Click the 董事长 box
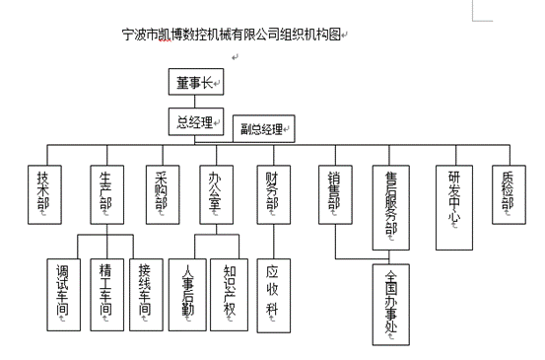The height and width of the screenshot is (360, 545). click(196, 85)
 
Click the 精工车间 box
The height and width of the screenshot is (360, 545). click(105, 294)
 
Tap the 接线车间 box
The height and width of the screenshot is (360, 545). click(146, 294)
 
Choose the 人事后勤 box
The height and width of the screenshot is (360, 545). click(189, 294)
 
